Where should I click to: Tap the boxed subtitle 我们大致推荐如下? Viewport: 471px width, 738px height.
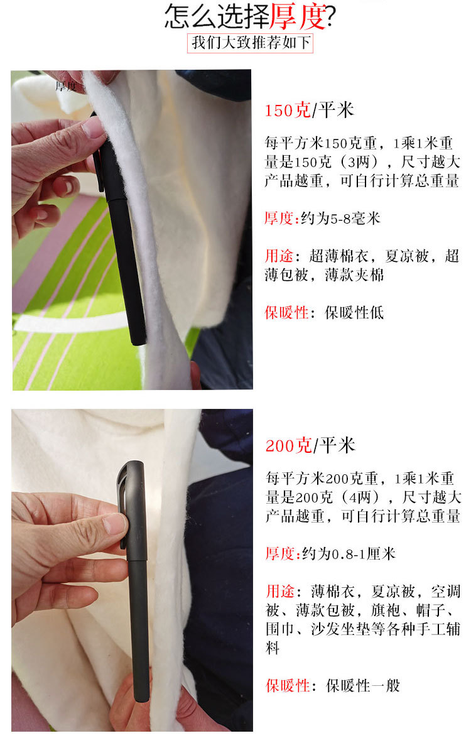251,43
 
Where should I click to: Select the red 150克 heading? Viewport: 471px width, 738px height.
288,111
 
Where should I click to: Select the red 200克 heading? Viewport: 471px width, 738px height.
288,446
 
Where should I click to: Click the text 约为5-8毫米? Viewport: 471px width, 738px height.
341,219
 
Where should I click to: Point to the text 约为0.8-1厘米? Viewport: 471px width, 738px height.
349,554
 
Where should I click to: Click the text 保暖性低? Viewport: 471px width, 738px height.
354,313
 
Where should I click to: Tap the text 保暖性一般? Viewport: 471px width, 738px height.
362,685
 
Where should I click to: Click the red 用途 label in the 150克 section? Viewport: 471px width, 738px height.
279,256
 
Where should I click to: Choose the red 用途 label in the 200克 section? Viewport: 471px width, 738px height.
280,592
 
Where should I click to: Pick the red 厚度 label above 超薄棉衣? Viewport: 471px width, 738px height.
279,219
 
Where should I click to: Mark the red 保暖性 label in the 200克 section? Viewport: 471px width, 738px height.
287,685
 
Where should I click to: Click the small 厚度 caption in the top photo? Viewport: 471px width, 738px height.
66,86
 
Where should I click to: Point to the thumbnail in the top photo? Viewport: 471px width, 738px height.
94,128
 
